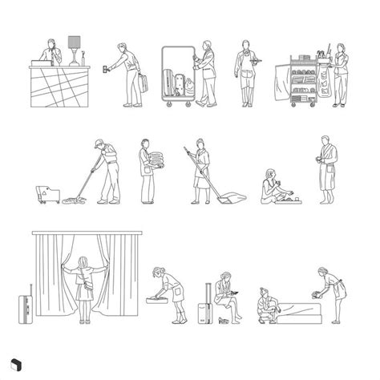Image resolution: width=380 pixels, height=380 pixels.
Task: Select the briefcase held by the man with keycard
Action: pyautogui.click(x=144, y=83)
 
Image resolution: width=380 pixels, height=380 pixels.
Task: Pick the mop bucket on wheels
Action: pyautogui.click(x=46, y=193)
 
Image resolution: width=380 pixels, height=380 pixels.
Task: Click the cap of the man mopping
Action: pyautogui.click(x=97, y=142)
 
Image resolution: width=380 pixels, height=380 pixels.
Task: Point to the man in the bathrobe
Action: pyautogui.click(x=326, y=170)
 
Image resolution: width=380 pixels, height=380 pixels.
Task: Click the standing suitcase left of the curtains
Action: pyautogui.click(x=24, y=309)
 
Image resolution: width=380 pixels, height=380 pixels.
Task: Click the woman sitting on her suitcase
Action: pyautogui.click(x=225, y=293)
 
